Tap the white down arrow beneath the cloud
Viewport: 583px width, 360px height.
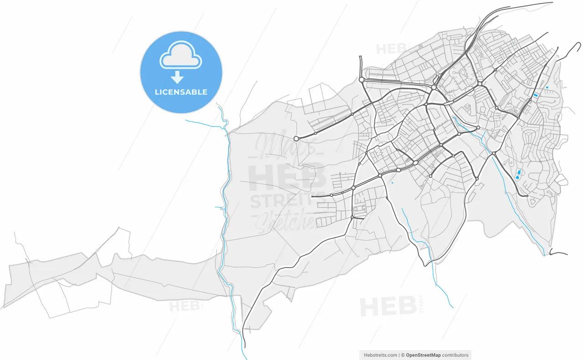coord(177,77)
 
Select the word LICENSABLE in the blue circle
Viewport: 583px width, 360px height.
coord(181,92)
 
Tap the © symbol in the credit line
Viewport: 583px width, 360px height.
coord(402,355)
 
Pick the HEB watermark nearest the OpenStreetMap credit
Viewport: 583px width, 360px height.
coord(388,307)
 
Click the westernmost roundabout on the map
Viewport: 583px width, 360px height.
coord(296,138)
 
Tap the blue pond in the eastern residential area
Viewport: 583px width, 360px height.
coord(518,174)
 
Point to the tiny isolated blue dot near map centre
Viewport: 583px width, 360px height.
coord(392,183)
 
